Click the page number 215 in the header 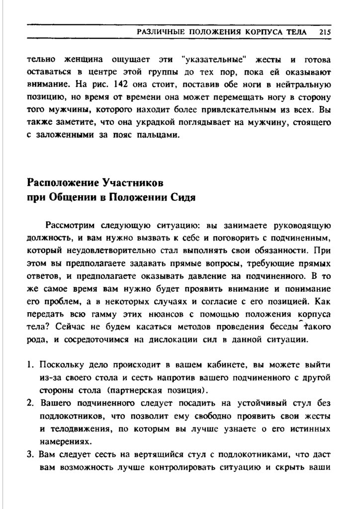[326, 32]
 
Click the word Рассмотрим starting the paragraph [72, 225]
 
